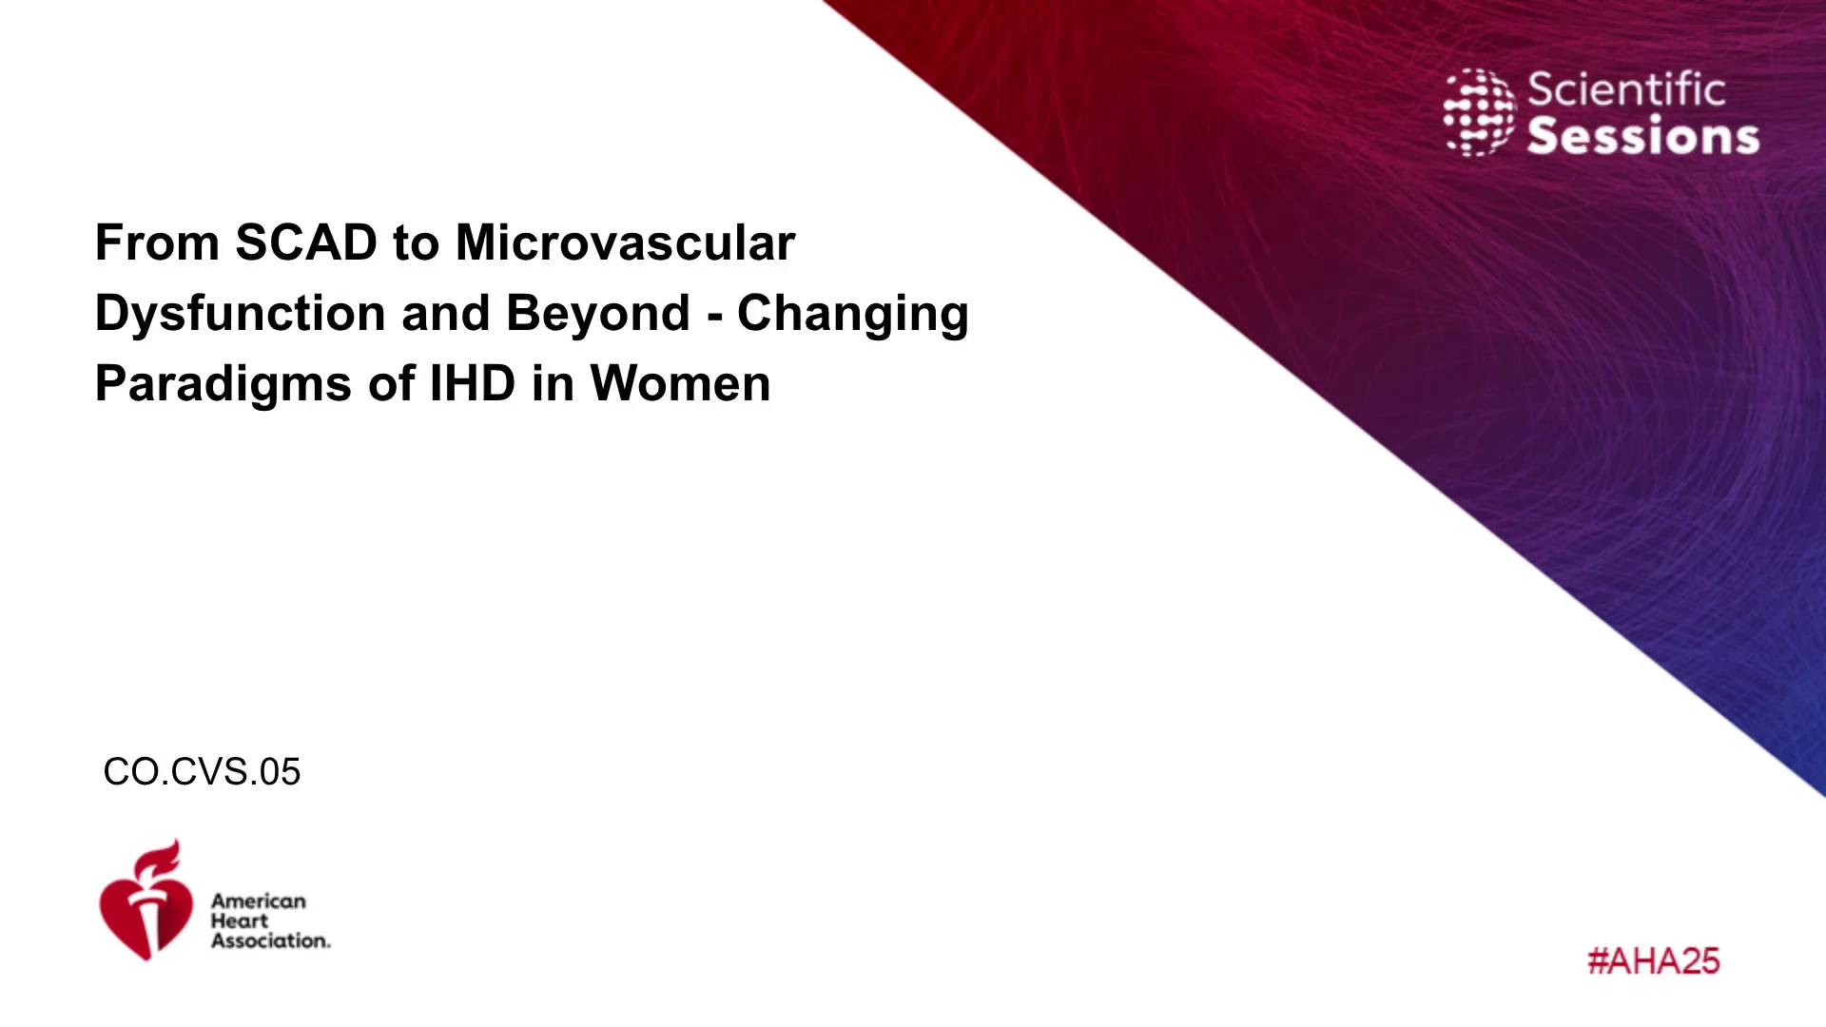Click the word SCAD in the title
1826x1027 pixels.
[x=306, y=242]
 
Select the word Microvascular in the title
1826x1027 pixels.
[x=625, y=242]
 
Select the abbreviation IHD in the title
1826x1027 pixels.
[x=473, y=383]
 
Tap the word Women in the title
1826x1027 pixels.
[x=680, y=383]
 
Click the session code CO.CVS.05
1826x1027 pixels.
[x=202, y=772]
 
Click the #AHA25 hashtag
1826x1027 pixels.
[x=1654, y=961]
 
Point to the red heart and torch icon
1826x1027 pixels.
[x=146, y=901]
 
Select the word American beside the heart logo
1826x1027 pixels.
[x=259, y=901]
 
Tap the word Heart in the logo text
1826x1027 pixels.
[x=240, y=920]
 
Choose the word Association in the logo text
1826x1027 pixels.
[x=269, y=940]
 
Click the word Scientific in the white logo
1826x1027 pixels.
[x=1626, y=90]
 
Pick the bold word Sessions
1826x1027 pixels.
[x=1643, y=136]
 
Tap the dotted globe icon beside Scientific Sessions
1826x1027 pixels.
[x=1479, y=112]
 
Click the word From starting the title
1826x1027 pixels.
[x=157, y=242]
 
